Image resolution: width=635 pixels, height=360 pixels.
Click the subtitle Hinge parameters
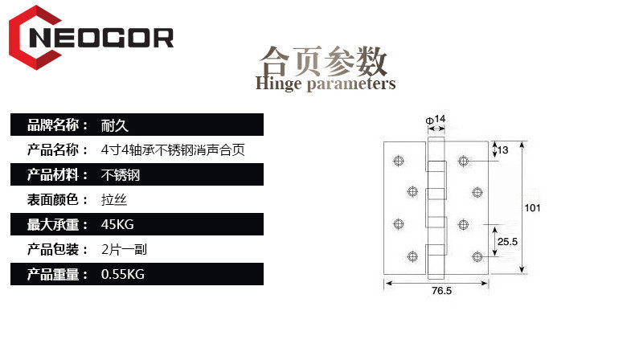click(325, 84)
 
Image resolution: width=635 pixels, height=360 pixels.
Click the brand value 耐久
click(115, 125)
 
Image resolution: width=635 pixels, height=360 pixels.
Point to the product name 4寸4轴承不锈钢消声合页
click(173, 150)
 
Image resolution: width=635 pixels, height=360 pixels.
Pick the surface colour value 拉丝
click(115, 200)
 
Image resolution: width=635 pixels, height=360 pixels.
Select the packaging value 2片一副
click(124, 250)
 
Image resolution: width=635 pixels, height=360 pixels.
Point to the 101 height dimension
click(532, 208)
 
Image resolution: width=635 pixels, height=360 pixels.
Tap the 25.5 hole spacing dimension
click(506, 241)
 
